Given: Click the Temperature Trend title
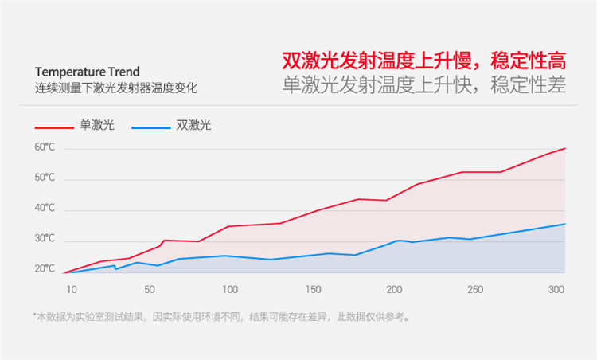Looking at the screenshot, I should [87, 72].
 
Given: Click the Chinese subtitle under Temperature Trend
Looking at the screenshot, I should [115, 88].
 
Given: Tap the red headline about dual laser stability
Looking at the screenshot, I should [424, 61].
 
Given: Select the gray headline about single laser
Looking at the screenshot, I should [424, 84].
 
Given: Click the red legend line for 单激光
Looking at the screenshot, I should [54, 127].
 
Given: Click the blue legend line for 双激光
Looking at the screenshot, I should [151, 127].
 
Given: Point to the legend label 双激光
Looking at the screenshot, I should [193, 126].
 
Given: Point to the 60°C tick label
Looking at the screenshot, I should [45, 147].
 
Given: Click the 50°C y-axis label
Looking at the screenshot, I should [45, 178].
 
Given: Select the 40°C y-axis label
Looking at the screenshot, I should [45, 209].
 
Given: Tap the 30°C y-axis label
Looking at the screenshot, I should [45, 239].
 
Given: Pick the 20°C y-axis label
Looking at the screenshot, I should [45, 269].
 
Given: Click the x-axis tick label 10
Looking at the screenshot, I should [72, 288].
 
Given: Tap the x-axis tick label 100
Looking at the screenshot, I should [230, 288].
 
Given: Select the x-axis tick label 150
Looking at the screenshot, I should [312, 288].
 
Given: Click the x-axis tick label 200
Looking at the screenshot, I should [394, 288].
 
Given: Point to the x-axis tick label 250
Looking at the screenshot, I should [476, 288].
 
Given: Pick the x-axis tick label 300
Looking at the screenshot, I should [556, 288].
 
